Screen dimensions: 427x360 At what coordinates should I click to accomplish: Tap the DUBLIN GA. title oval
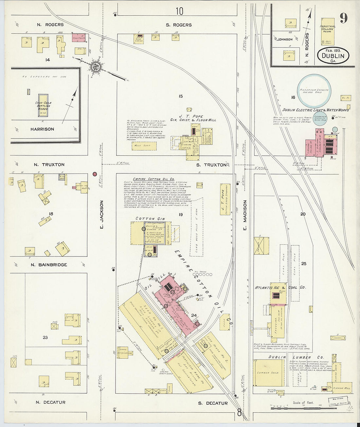point(333,55)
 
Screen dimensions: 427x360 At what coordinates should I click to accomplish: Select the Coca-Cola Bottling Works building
point(43,106)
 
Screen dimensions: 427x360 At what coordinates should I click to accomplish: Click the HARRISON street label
point(42,129)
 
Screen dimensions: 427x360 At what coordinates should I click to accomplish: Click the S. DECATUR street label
point(213,403)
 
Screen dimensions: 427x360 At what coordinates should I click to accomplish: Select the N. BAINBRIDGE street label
point(49,265)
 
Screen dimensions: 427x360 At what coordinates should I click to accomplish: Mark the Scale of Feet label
point(303,403)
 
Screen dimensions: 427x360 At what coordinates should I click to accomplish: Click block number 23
point(45,337)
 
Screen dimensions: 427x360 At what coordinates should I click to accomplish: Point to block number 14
point(48,60)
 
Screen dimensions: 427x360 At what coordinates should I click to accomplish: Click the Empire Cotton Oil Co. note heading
point(149,179)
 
